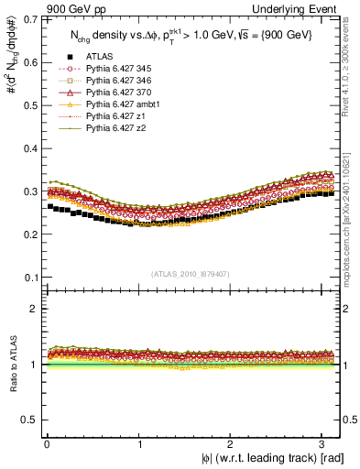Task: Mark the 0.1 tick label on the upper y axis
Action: point(27,277)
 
